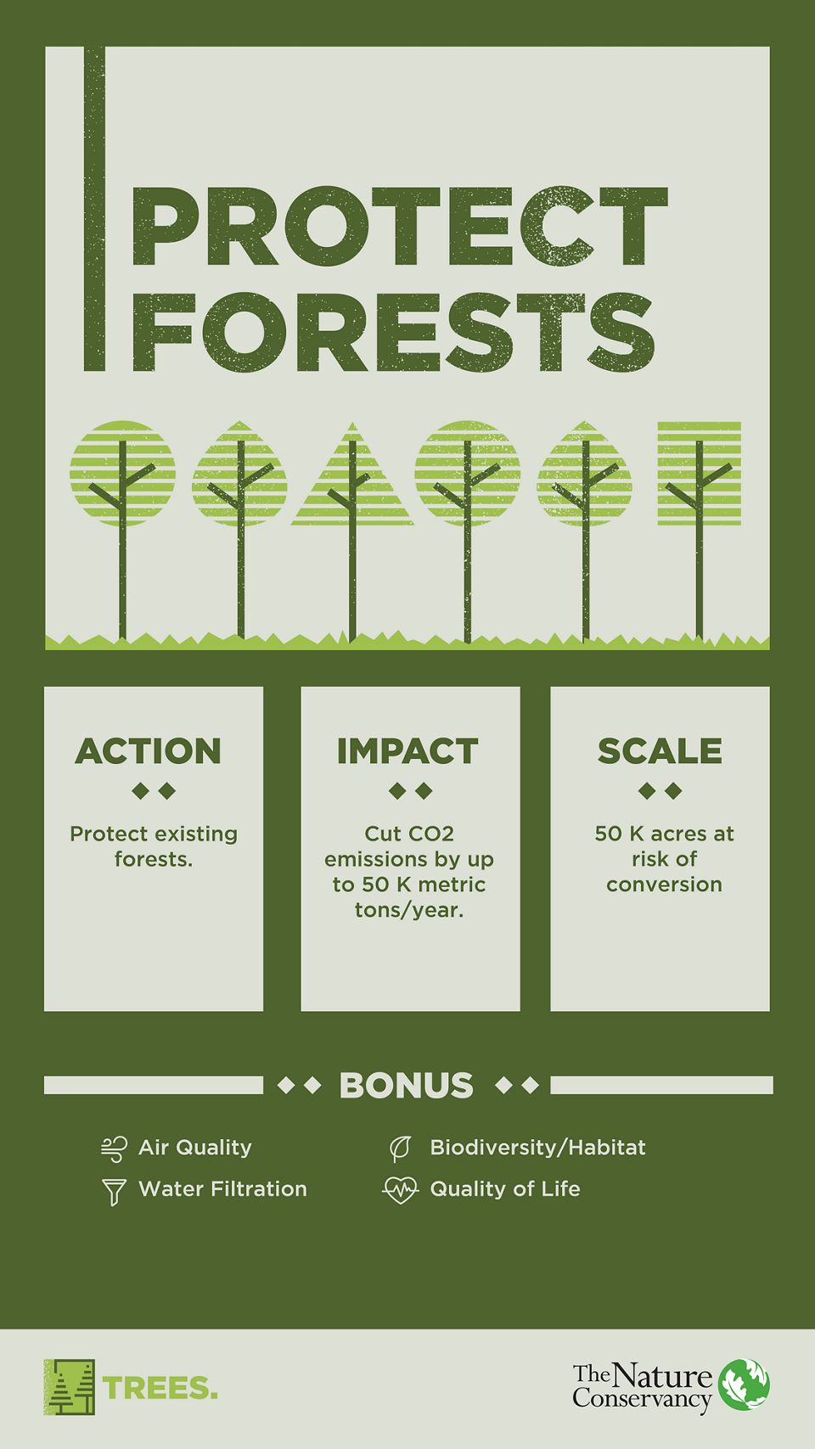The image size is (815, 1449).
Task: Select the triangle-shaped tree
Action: pyautogui.click(x=352, y=480)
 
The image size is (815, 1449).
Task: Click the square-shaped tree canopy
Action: pyautogui.click(x=699, y=473)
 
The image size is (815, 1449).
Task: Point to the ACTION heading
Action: pyautogui.click(x=149, y=751)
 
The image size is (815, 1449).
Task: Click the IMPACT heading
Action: pyautogui.click(x=407, y=751)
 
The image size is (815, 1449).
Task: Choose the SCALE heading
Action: pyautogui.click(x=660, y=751)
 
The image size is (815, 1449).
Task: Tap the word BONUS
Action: pyautogui.click(x=406, y=1086)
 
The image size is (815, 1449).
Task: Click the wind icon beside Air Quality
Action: pyautogui.click(x=114, y=1149)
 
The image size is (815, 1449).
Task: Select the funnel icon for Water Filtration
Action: pyautogui.click(x=114, y=1191)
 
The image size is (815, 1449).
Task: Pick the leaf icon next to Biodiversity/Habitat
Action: pyautogui.click(x=399, y=1149)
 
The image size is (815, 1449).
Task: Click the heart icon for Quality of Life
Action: pyautogui.click(x=400, y=1190)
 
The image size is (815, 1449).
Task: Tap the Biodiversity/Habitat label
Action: pyautogui.click(x=537, y=1148)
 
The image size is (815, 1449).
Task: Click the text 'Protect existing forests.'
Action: pyautogui.click(x=154, y=846)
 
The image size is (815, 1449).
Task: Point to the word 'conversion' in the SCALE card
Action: pyautogui.click(x=664, y=885)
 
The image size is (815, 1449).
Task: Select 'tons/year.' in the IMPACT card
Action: pyautogui.click(x=409, y=910)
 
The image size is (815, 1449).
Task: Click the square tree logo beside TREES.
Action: pyautogui.click(x=70, y=1387)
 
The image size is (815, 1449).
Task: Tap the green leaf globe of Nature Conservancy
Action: pyautogui.click(x=744, y=1384)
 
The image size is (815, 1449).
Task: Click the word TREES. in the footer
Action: pyautogui.click(x=160, y=1388)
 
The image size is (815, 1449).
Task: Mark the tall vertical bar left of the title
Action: pyautogui.click(x=94, y=209)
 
